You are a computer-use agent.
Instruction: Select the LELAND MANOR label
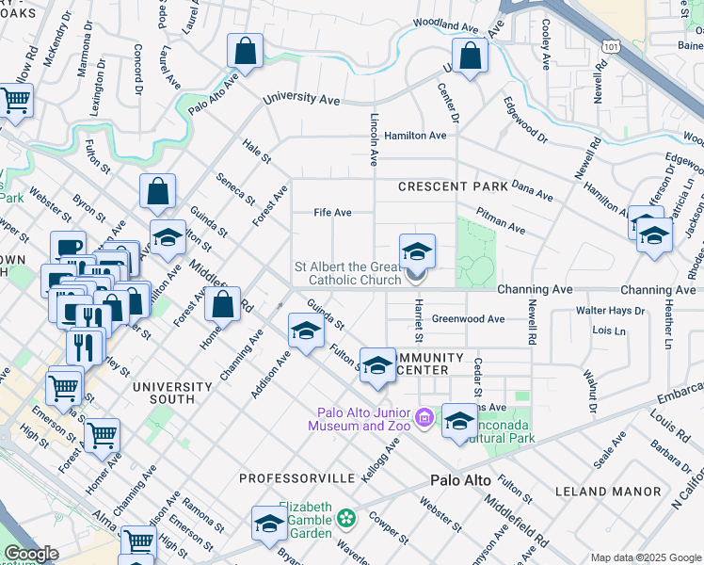(622, 492)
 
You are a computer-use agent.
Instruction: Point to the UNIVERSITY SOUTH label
(172, 393)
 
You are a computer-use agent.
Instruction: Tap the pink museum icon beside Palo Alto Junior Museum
(424, 416)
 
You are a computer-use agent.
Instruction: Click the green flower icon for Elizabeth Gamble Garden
(347, 517)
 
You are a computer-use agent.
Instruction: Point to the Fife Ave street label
(332, 213)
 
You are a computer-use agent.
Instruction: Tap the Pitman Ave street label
(501, 222)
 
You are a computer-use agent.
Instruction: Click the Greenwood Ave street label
(468, 319)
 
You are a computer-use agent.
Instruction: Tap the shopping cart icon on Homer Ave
(102, 435)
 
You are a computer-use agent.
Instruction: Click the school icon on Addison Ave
(305, 333)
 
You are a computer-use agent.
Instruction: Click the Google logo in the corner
(31, 554)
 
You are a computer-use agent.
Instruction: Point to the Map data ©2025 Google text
(645, 557)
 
